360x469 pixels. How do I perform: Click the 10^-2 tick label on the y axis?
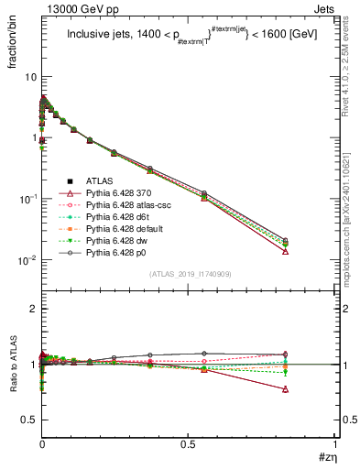[25, 260]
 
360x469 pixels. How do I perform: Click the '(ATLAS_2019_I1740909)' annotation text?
[189, 274]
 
